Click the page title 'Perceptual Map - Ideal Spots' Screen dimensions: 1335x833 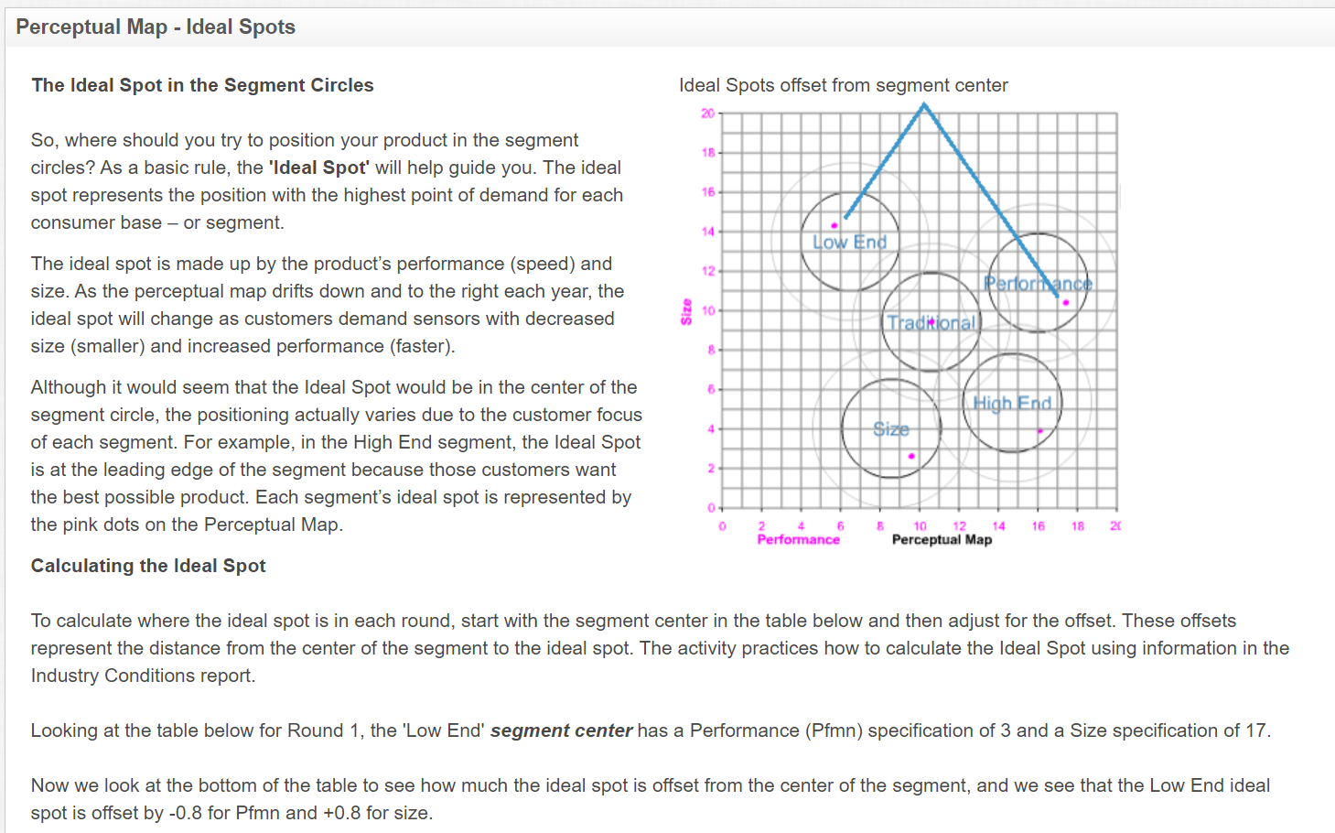coord(156,27)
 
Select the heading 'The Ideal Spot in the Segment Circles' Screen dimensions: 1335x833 coord(202,85)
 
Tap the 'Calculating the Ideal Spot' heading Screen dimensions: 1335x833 coord(148,566)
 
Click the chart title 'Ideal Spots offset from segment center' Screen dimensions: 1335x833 coord(843,85)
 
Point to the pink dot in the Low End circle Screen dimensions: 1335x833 coord(834,225)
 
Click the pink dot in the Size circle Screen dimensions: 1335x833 coord(911,456)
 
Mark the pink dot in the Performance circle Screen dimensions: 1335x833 coord(1065,302)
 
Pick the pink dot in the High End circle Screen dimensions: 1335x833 coord(1039,430)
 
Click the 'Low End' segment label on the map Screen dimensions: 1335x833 coord(850,243)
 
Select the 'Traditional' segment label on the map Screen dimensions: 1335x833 coord(931,323)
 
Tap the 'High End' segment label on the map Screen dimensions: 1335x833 coord(1012,404)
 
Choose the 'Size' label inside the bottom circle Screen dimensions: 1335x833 coord(891,429)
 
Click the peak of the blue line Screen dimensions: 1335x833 coord(924,105)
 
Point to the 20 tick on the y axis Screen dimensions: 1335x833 coord(708,114)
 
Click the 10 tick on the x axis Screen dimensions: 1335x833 coord(920,526)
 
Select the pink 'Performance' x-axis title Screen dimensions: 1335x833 coord(798,540)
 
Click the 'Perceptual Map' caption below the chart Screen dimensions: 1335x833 coord(942,540)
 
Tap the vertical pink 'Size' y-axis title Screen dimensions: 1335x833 coord(686,311)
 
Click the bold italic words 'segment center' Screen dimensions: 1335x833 coord(561,730)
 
